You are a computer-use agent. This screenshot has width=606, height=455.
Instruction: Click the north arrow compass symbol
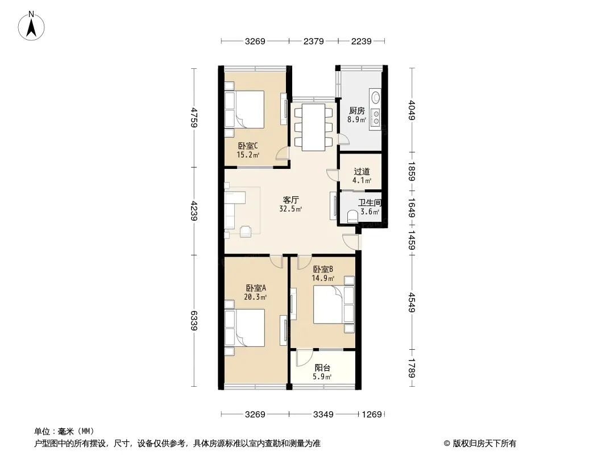31,26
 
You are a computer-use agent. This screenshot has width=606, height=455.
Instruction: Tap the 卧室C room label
248,146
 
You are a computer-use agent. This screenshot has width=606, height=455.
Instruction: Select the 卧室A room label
256,288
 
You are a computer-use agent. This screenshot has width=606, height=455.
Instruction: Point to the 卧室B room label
323,269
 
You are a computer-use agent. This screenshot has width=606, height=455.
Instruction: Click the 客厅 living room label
290,200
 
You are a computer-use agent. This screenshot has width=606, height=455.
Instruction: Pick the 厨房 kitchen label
356,111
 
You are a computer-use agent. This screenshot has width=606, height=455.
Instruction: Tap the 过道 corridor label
362,172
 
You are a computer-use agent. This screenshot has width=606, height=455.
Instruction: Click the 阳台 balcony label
322,367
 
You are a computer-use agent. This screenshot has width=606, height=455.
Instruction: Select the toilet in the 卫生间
353,217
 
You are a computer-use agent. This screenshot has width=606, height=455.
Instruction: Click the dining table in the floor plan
313,127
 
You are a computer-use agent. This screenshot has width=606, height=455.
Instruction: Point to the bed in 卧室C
250,109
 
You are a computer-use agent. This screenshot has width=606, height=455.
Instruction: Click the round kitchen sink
375,97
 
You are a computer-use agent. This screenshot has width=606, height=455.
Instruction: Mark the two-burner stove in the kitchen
375,117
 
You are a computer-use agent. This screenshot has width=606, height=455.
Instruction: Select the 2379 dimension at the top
313,41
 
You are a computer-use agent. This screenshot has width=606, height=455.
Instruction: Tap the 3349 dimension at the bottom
323,415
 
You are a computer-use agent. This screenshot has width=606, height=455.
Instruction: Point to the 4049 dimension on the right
412,110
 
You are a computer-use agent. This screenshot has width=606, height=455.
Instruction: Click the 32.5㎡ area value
290,209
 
